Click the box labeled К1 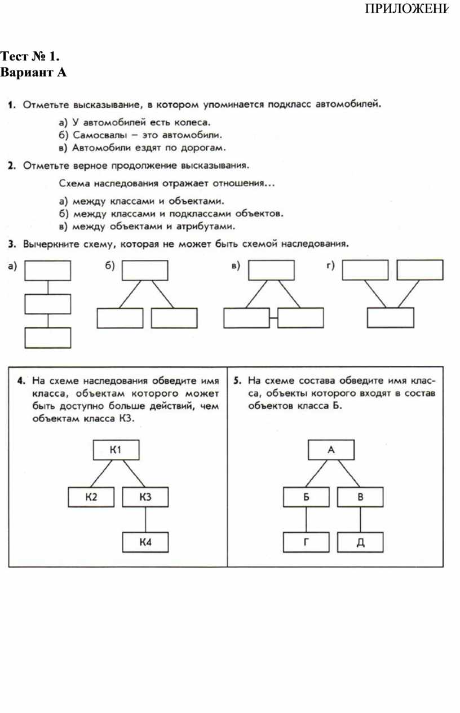tap(116, 450)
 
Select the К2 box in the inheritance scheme tap(91, 497)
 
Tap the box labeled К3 tap(145, 497)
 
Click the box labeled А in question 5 tap(331, 450)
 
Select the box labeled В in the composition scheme tap(360, 497)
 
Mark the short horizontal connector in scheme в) tap(273, 318)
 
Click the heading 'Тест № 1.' tap(30, 56)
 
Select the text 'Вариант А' tap(34, 72)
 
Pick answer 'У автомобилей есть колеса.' tap(135, 121)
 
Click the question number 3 tap(11, 244)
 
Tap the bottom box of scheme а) tap(48, 338)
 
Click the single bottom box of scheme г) tap(390, 318)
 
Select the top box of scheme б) tap(145, 270)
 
